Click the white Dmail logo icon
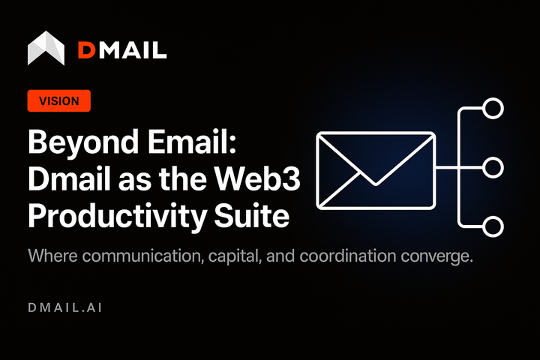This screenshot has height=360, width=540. click(46, 48)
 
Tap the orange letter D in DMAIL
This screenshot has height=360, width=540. click(87, 50)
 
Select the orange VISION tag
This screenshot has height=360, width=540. click(58, 101)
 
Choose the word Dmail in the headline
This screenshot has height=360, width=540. click(69, 179)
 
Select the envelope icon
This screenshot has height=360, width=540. click(376, 169)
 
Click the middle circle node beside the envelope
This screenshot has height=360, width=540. click(493, 168)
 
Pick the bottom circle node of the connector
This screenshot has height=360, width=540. click(493, 226)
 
